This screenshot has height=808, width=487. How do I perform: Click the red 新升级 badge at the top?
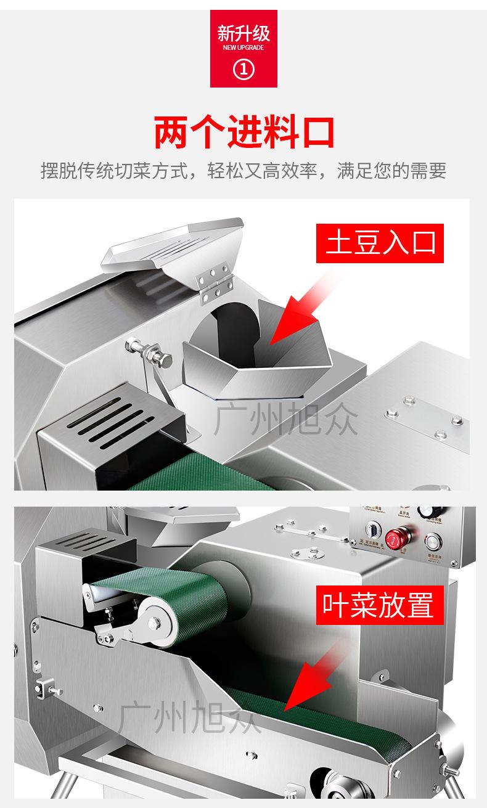(243, 48)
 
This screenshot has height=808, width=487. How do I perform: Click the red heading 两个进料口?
(243, 132)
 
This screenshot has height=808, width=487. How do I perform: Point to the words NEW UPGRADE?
(243, 47)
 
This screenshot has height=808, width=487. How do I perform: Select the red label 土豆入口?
(380, 242)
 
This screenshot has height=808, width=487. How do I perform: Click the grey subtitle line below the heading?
(243, 171)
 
